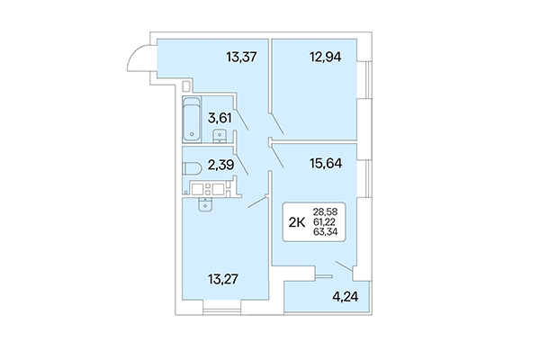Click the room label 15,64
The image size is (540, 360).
pos(328,165)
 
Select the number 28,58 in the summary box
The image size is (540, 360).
pos(327,211)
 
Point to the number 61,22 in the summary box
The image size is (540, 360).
pos(327,222)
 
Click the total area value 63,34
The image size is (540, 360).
pos(327,232)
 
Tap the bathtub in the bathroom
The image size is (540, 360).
pos(193,120)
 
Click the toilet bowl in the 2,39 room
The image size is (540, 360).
pos(190,166)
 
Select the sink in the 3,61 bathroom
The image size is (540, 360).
pos(219,135)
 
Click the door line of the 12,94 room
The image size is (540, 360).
pos(277,121)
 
